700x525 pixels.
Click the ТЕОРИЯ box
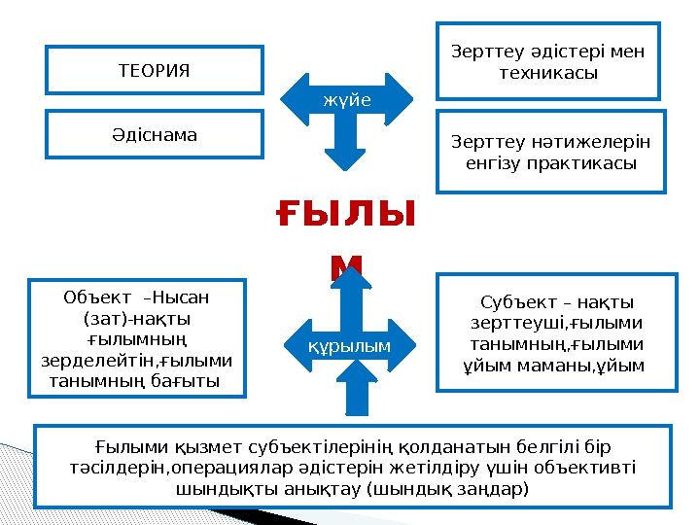click(x=154, y=70)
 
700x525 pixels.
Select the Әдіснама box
click(x=154, y=135)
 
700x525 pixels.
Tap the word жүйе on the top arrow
click(x=347, y=99)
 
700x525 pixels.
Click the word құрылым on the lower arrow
click(x=351, y=346)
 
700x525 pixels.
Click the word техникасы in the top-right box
click(x=547, y=74)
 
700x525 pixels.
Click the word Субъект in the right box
click(x=515, y=302)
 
